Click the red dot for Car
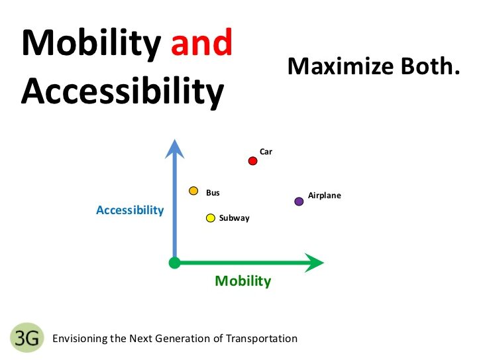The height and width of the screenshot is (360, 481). coord(252,161)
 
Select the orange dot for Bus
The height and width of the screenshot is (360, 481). coord(193,191)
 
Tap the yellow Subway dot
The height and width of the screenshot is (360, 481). coord(211,218)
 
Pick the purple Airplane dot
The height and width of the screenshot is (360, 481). coord(299,202)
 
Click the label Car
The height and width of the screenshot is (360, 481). coord(266,152)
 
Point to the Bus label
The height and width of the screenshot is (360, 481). coord(213,193)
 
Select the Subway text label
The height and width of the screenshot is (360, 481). coord(235,218)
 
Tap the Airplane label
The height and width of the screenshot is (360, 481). coord(325,196)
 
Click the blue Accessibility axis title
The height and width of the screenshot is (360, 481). coord(130,211)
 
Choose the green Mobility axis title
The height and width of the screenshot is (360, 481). coord(243,281)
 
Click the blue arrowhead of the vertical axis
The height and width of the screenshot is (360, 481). coord(174,149)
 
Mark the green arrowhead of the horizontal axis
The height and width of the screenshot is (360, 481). coord(314,263)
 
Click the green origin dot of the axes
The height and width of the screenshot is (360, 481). coord(174,263)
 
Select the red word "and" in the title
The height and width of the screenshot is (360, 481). coord(201,42)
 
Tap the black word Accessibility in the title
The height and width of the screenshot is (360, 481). coord(123,91)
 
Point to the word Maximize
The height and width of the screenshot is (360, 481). coord(341,66)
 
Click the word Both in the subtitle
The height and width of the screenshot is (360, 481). coord(427,66)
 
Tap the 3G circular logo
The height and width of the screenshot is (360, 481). coord(27,337)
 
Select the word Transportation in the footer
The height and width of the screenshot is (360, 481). coord(262,339)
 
